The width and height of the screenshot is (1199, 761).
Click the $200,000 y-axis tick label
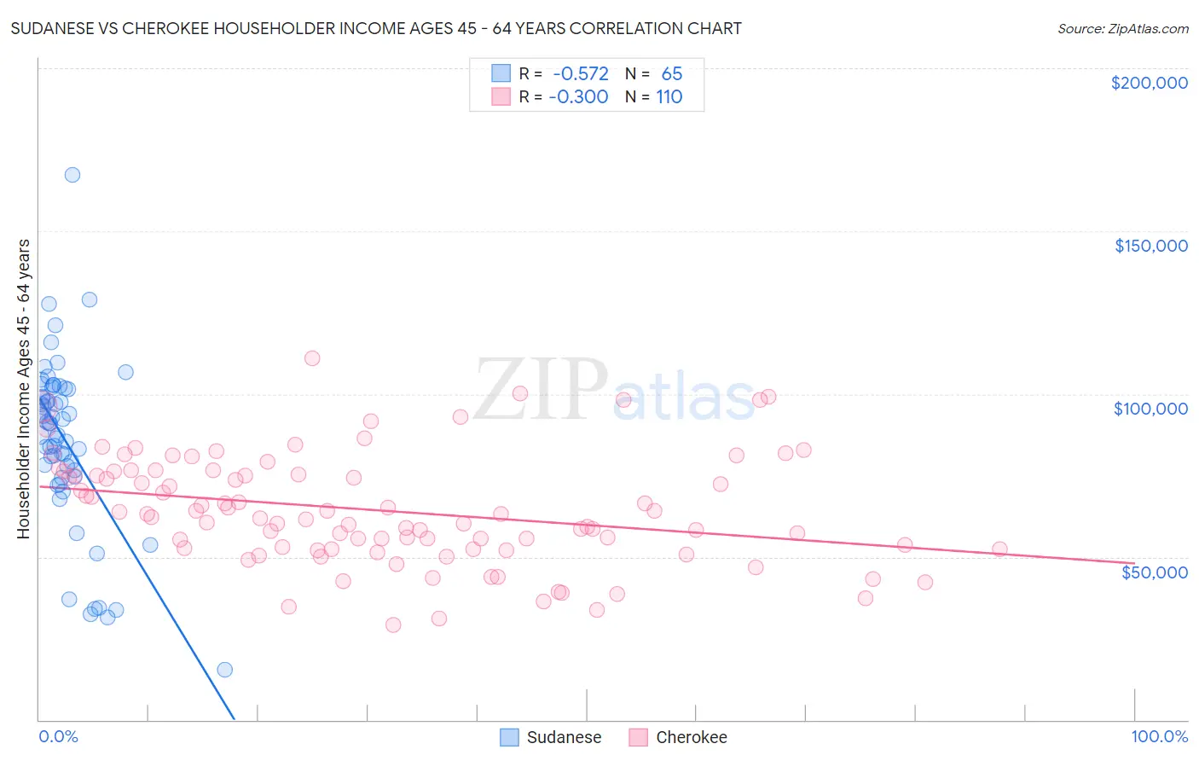tap(1149, 83)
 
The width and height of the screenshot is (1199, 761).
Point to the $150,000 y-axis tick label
tap(1150, 246)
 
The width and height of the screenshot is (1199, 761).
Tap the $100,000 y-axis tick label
tap(1150, 409)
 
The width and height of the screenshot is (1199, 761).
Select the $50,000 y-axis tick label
tap(1154, 572)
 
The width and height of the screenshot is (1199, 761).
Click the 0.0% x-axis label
tap(58, 737)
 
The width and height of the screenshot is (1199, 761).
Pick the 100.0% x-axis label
tap(1159, 737)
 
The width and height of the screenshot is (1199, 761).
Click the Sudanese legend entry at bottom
tap(564, 738)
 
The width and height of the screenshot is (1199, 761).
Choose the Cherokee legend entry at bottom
tap(691, 738)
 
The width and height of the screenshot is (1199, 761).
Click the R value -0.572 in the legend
tap(580, 74)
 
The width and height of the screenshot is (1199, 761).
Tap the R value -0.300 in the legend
tap(578, 97)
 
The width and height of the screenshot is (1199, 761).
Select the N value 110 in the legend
tap(669, 97)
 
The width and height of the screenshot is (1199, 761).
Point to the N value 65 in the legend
tap(671, 74)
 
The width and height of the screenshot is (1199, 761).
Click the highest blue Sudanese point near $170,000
tap(72, 175)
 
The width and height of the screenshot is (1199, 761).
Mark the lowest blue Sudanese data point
tap(224, 670)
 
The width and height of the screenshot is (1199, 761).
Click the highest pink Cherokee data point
tap(312, 358)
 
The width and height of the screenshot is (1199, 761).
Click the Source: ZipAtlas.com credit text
tap(1122, 29)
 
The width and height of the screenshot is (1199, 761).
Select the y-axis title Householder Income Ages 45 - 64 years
tap(24, 389)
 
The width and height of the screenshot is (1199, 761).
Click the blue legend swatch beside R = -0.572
tap(501, 74)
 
